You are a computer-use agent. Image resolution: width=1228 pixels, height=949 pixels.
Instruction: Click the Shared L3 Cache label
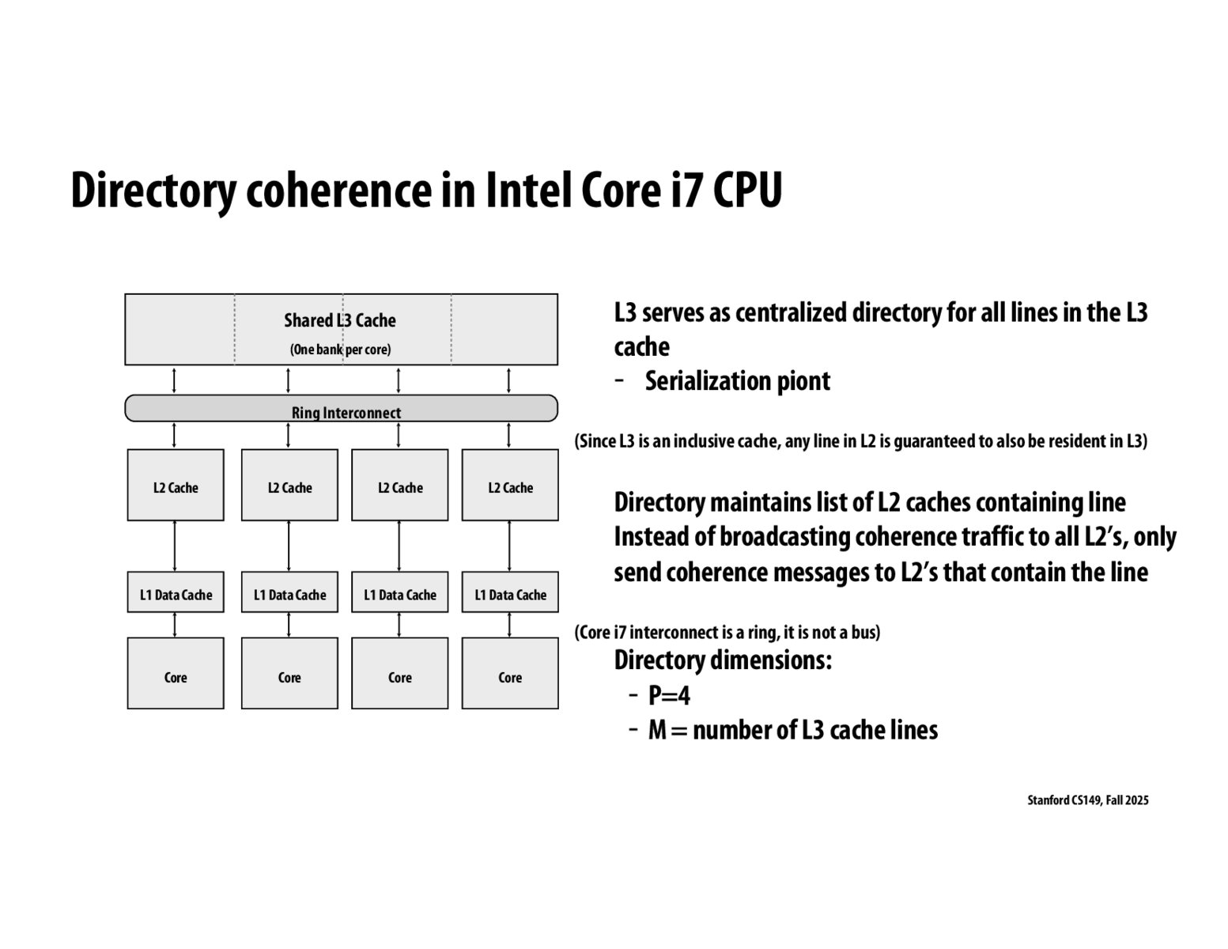[339, 320]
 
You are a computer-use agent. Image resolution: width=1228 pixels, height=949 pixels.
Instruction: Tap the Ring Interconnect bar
[341, 409]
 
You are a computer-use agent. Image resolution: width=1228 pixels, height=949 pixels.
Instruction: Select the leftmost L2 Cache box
[176, 486]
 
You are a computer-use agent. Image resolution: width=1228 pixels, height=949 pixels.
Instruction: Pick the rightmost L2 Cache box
[510, 486]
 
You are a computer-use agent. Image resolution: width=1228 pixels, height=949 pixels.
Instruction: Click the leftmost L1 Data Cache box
[176, 592]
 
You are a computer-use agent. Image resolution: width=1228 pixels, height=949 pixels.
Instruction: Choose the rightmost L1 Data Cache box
[510, 592]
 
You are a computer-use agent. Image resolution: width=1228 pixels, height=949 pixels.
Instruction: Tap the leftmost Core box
[176, 674]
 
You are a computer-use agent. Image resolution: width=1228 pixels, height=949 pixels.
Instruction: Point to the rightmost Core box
[510, 674]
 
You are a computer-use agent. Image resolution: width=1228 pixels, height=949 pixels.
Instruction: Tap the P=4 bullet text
[669, 696]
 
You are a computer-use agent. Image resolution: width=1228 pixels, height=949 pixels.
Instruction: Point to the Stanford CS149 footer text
[1087, 800]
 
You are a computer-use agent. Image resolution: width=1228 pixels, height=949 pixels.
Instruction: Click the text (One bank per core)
[340, 350]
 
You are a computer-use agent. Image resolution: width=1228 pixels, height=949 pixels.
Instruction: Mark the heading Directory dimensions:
[723, 660]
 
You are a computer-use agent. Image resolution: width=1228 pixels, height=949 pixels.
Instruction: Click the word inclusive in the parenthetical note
[715, 441]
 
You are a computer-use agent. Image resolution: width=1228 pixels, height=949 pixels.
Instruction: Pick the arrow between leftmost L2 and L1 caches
[175, 546]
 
